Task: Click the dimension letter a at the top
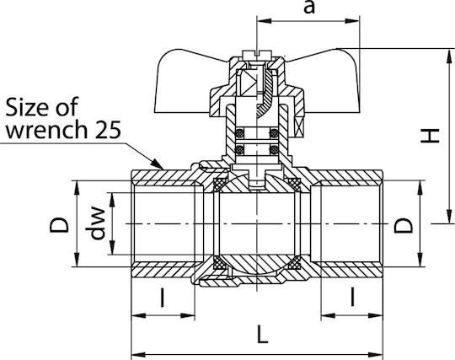point(309,7)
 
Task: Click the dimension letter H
point(430,136)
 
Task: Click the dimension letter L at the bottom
point(262,334)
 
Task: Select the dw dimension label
point(96,223)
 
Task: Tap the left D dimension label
point(60,225)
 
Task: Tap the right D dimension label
point(403,225)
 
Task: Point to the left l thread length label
point(163,298)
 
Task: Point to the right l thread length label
point(352,297)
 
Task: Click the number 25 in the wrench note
point(108,129)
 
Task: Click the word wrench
point(46,130)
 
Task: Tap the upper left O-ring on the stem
point(239,133)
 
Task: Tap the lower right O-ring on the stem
point(274,150)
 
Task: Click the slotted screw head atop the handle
point(257,54)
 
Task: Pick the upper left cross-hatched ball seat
point(220,185)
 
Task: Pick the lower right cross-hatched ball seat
point(294,263)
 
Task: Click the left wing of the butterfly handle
point(185,82)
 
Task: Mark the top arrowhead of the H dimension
point(449,55)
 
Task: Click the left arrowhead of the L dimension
point(138,354)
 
